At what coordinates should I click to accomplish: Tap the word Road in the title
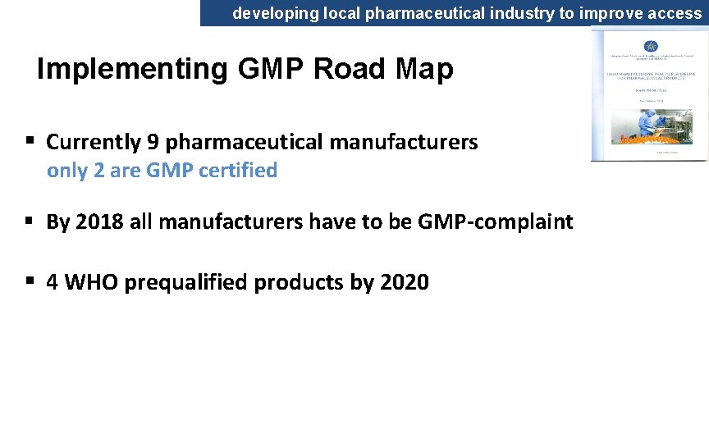(349, 70)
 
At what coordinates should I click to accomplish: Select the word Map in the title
(423, 70)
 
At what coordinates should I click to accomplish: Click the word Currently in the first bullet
(94, 142)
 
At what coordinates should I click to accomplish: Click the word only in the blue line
(64, 171)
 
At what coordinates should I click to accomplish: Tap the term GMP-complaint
(495, 222)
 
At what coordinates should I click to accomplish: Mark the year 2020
(404, 282)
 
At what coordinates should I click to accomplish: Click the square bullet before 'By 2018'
(30, 221)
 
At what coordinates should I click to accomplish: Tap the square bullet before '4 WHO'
(30, 281)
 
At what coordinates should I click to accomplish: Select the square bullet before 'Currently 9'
(30, 140)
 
